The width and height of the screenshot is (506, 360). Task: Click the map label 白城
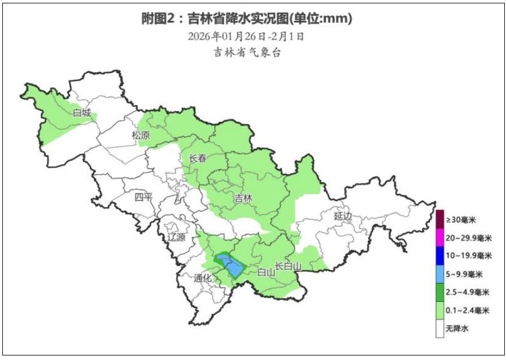click(x=81, y=113)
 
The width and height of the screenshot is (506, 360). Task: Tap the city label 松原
click(x=141, y=135)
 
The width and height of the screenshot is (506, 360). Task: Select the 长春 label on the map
click(x=198, y=159)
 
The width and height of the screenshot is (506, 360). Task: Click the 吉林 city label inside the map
click(x=243, y=198)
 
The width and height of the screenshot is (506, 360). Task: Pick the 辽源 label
click(x=176, y=238)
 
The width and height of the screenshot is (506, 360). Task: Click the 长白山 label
click(x=289, y=266)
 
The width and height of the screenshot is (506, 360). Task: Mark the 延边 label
click(x=343, y=216)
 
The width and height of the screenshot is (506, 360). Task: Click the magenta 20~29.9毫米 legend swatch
click(x=439, y=237)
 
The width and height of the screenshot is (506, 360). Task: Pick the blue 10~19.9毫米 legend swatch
click(x=439, y=255)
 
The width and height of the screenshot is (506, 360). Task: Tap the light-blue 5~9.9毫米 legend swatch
click(x=439, y=274)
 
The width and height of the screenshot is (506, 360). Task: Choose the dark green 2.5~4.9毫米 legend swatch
click(x=439, y=292)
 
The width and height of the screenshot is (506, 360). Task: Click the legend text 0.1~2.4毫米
click(x=468, y=310)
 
